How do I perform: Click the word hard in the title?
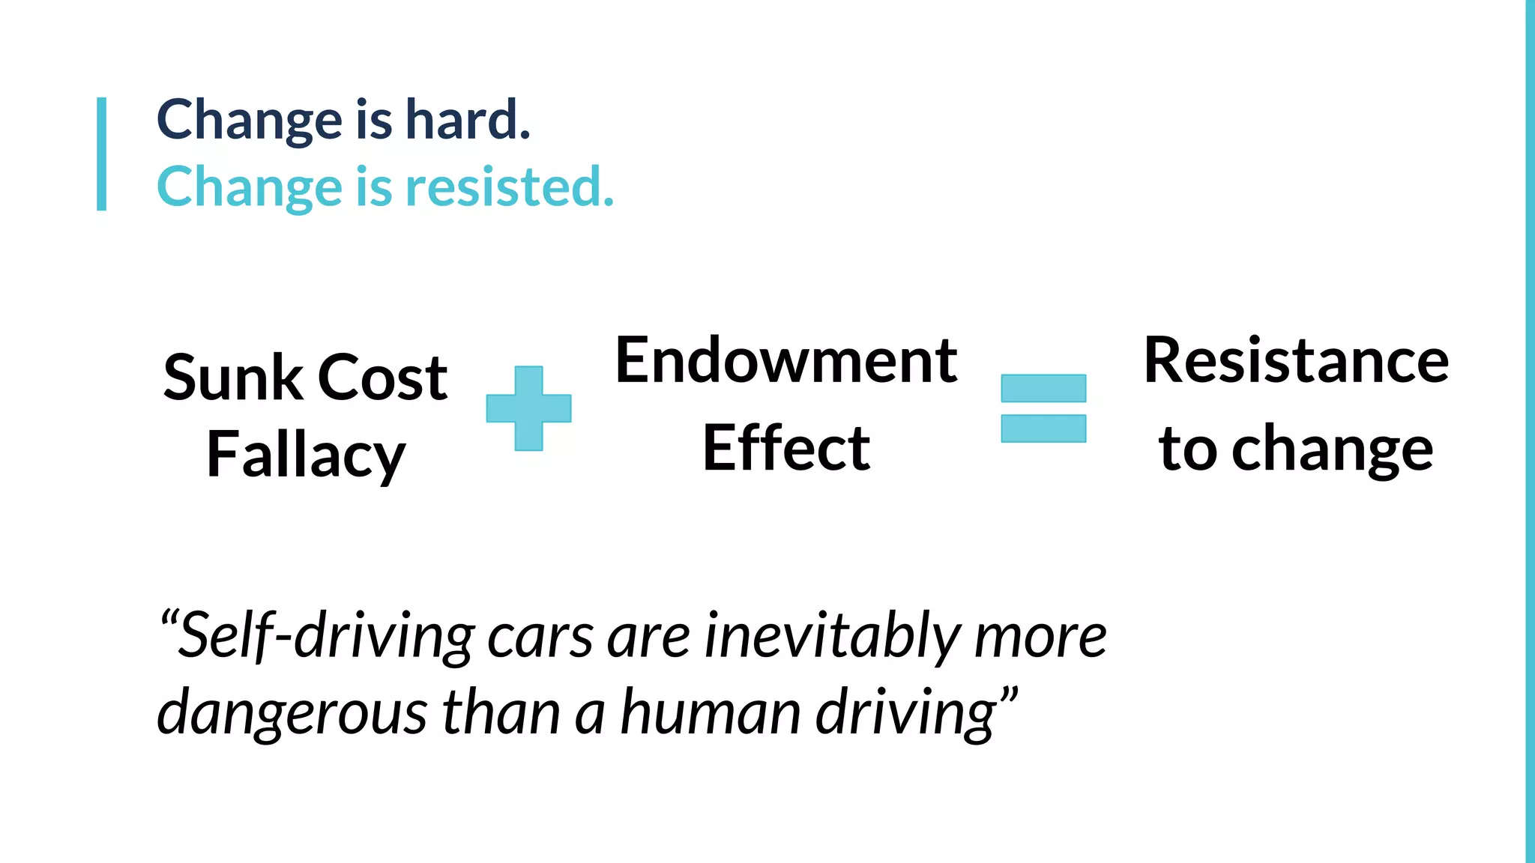(x=467, y=120)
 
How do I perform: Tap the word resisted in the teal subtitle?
(x=509, y=187)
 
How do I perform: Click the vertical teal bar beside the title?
(x=102, y=154)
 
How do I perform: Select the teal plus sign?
(x=528, y=408)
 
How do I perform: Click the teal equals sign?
(x=1043, y=408)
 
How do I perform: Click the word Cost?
(x=382, y=378)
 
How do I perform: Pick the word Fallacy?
(x=306, y=455)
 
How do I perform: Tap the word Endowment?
(x=786, y=361)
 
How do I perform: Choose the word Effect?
(x=786, y=448)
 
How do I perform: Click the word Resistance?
(x=1296, y=361)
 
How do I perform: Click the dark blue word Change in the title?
(x=250, y=120)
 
